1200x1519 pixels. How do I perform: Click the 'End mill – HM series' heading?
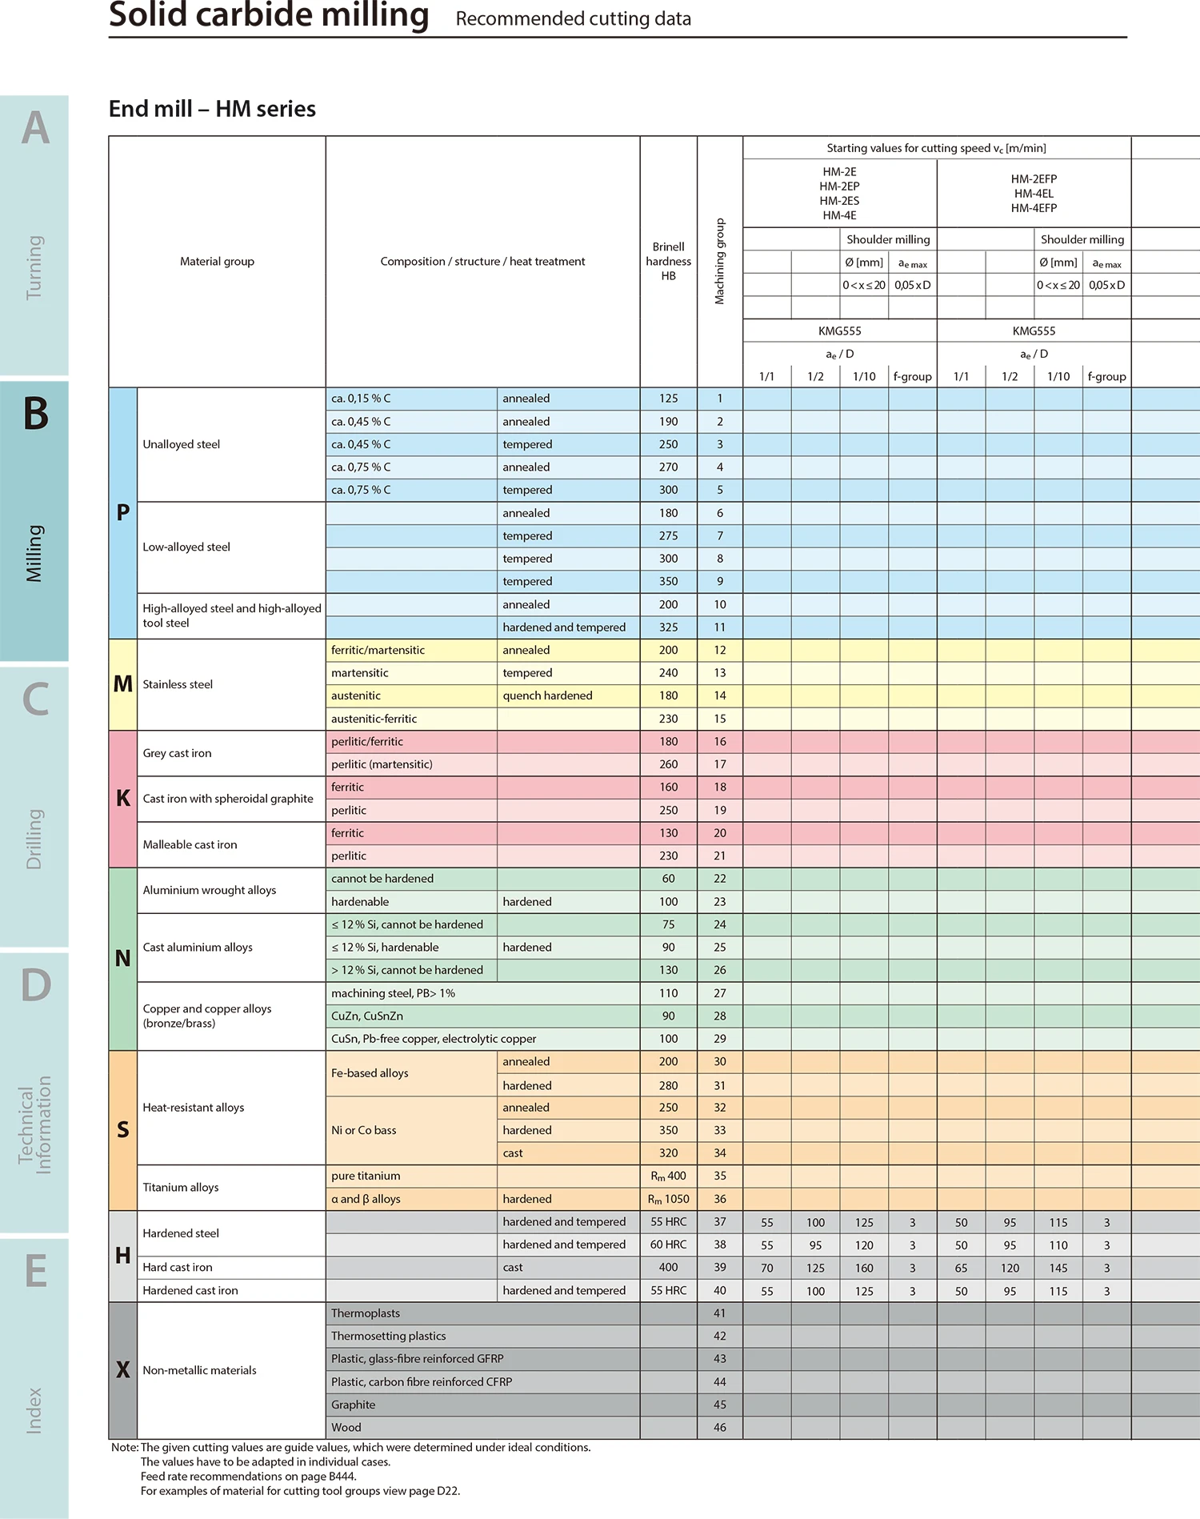tap(212, 109)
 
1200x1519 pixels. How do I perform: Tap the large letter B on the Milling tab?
tap(35, 414)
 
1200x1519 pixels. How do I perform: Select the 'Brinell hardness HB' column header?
tap(668, 261)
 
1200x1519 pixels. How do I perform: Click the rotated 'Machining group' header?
tap(719, 261)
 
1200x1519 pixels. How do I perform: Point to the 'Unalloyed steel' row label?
tap(181, 444)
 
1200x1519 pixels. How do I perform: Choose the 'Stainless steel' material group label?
tap(178, 684)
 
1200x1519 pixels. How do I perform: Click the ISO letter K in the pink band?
tap(122, 798)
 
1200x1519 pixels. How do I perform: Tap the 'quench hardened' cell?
tap(547, 695)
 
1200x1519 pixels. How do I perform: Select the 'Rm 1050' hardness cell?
tap(668, 1199)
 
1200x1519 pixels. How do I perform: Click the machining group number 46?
tap(719, 1427)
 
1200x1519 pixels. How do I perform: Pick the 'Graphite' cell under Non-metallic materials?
tap(353, 1405)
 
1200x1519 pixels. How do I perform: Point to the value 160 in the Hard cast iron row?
tap(864, 1268)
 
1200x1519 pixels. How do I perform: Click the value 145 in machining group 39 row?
tap(1058, 1268)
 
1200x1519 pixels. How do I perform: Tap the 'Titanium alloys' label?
tap(180, 1187)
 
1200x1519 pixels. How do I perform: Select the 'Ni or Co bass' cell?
tap(363, 1130)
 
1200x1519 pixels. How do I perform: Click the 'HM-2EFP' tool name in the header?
tap(1034, 179)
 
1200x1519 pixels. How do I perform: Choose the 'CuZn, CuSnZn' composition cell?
tap(366, 1016)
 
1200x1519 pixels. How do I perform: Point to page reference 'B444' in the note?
tap(342, 1477)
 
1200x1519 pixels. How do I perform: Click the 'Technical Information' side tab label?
tap(35, 1124)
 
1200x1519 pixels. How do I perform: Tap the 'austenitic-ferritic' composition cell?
tap(374, 719)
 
